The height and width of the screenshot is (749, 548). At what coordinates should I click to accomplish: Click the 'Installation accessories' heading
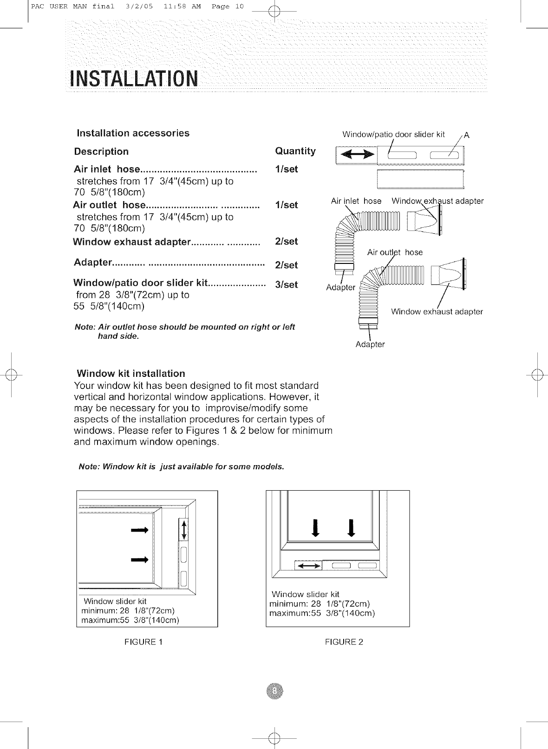133,133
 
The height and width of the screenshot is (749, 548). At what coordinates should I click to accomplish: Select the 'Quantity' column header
295,151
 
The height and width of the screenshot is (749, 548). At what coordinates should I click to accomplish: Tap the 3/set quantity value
287,285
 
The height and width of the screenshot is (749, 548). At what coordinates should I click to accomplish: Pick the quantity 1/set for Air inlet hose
287,169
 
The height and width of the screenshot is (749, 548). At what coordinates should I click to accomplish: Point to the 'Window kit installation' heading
131,374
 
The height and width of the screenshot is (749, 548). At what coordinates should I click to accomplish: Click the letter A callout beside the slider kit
467,136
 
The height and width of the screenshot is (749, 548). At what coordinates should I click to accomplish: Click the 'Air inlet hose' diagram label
356,201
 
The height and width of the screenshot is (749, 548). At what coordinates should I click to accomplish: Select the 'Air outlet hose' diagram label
395,252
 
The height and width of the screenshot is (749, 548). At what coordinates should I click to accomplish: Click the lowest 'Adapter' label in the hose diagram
370,344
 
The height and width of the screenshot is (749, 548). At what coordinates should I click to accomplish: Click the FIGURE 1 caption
144,642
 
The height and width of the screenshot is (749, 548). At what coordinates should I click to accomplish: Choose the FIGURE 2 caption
344,642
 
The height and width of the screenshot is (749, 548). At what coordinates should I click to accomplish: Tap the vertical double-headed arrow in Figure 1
184,530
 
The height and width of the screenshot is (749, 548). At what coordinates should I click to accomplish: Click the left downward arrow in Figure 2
316,527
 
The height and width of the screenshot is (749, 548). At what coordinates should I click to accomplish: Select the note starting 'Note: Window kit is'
181,466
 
